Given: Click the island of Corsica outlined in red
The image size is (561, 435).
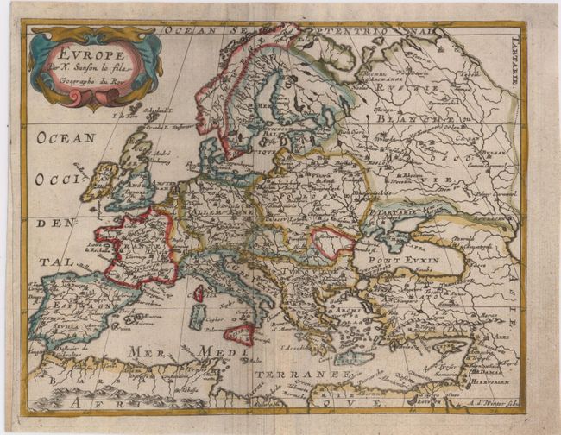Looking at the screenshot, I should pyautogui.click(x=198, y=293).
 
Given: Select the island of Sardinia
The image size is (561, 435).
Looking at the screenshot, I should pyautogui.click(x=196, y=317).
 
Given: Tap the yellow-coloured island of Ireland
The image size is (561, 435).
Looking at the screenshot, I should pyautogui.click(x=102, y=181).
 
